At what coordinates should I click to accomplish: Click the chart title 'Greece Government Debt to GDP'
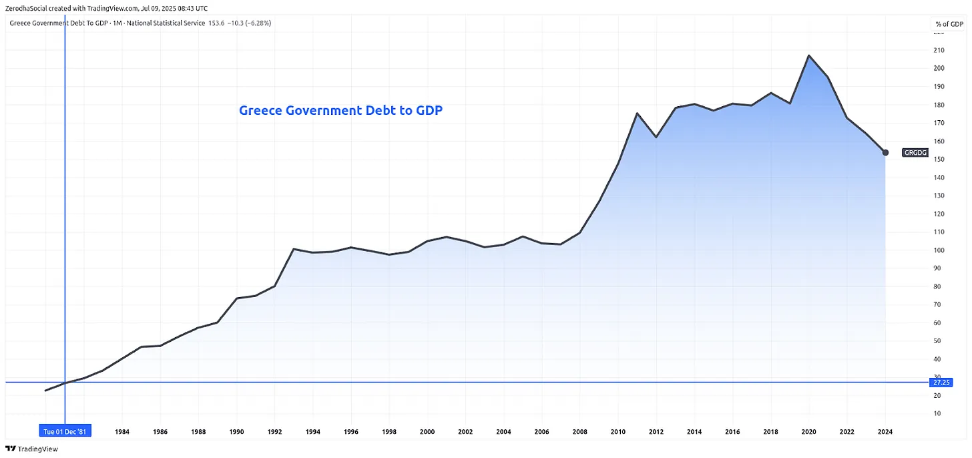click(340, 111)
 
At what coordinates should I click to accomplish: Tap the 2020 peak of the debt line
click(809, 55)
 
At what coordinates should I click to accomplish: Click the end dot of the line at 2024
click(885, 153)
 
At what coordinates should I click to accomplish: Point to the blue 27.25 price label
click(941, 383)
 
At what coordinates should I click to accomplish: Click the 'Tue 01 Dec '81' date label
click(65, 431)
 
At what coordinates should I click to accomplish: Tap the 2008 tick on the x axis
click(579, 431)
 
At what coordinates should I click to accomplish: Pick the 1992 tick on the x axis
click(274, 431)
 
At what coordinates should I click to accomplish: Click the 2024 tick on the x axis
click(885, 431)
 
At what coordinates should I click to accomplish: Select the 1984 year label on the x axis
click(122, 431)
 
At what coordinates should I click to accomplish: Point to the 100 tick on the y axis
click(938, 250)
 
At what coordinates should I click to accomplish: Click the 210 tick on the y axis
click(938, 50)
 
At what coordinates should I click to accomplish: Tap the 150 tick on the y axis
click(938, 160)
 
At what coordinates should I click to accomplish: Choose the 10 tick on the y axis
click(938, 414)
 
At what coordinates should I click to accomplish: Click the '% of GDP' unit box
click(948, 24)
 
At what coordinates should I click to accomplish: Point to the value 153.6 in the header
click(217, 23)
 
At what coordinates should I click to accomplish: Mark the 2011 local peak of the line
click(637, 113)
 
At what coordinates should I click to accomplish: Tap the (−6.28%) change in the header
click(258, 23)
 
